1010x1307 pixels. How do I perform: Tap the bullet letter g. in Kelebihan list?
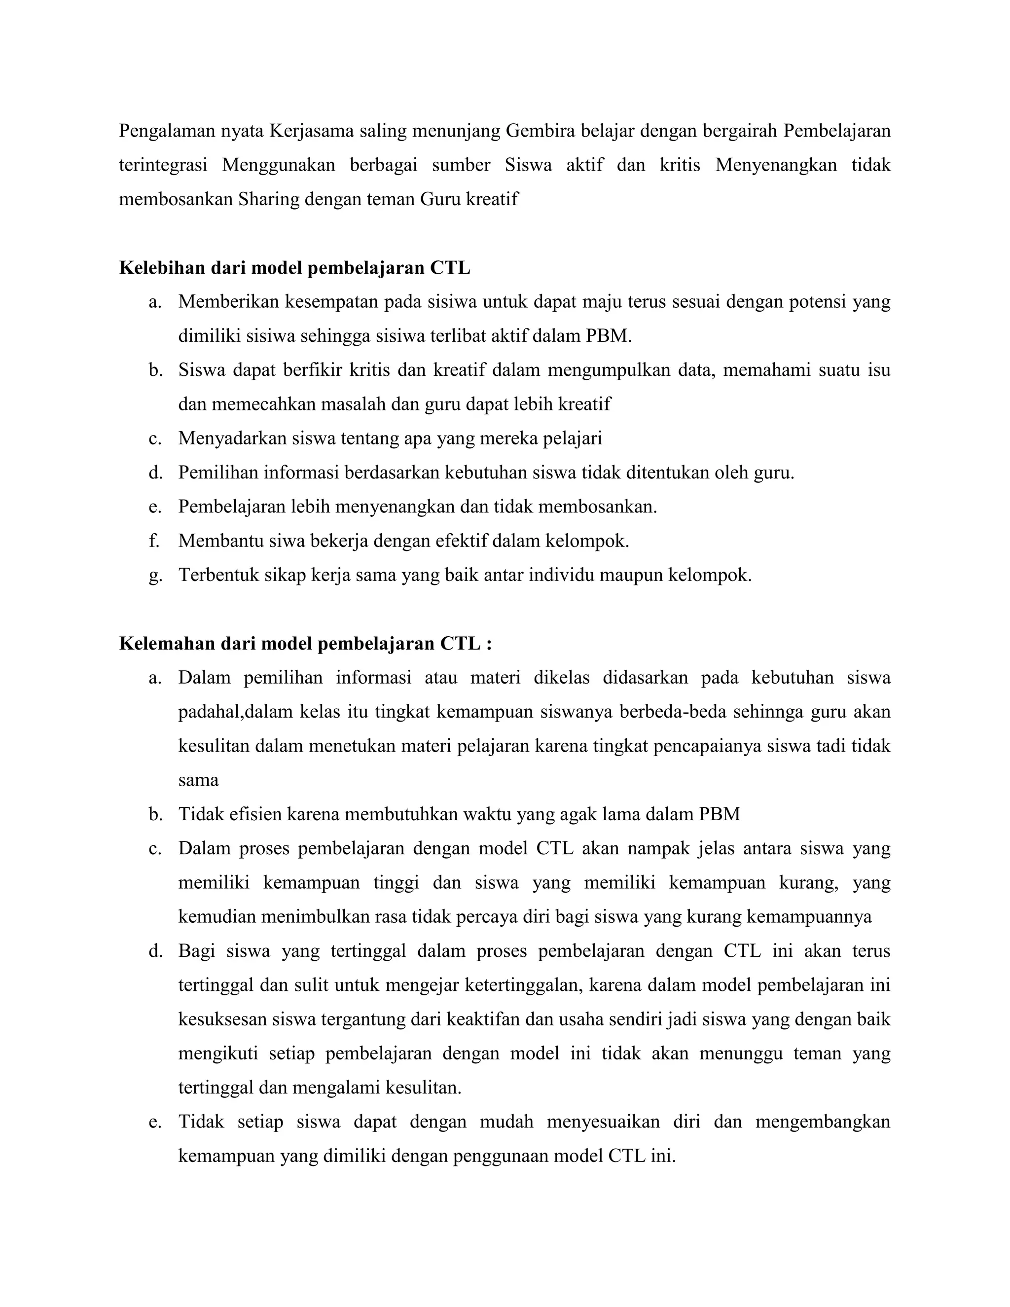155,576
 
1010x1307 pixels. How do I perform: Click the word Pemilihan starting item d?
218,473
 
